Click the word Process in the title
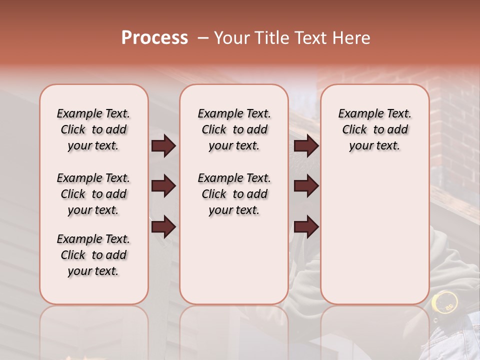(154, 38)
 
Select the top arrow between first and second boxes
(163, 146)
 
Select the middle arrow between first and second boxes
(163, 186)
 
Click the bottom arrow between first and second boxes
(163, 227)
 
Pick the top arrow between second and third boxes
(306, 146)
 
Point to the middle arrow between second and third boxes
(306, 186)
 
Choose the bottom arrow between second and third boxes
(306, 227)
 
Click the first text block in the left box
(93, 129)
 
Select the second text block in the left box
(93, 194)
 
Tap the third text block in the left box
(93, 255)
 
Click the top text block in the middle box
(234, 129)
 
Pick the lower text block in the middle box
(234, 194)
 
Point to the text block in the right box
(374, 129)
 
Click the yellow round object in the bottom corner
(444, 301)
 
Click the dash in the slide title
(203, 38)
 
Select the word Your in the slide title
(231, 38)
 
